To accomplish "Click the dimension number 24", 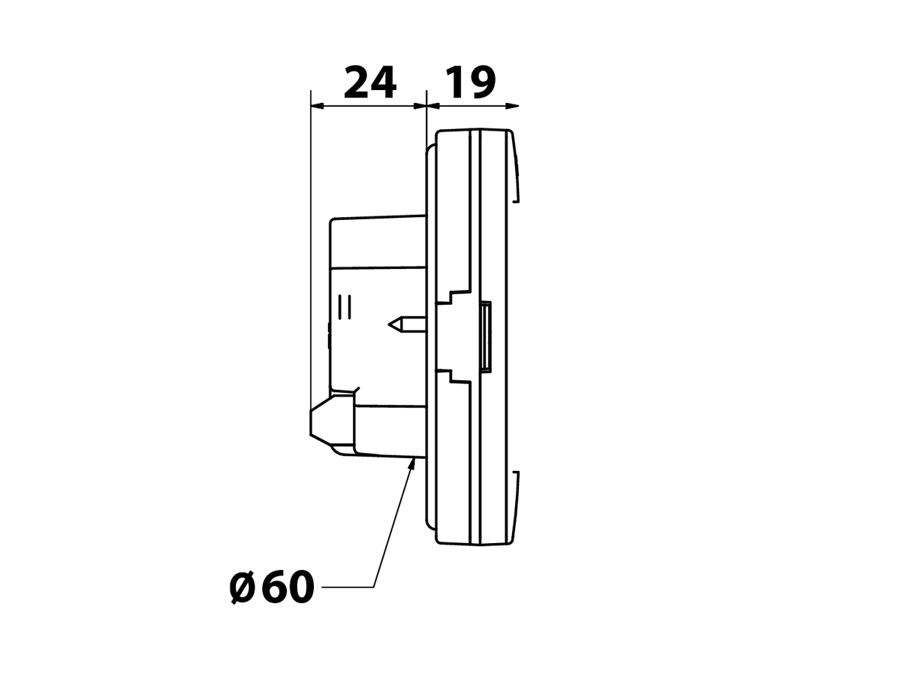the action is (x=370, y=82).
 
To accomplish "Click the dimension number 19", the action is (x=471, y=82).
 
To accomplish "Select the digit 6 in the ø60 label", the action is (x=274, y=587).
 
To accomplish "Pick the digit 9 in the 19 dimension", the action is (x=482, y=82).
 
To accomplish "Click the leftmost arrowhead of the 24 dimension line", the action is (x=318, y=106).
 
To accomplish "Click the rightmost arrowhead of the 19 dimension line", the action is (x=512, y=106).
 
